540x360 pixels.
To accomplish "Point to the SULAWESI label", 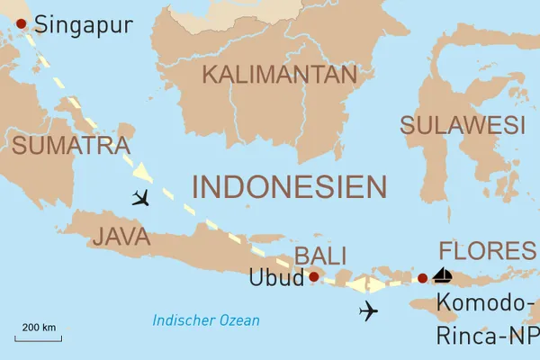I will point(463,125).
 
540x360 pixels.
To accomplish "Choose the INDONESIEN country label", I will point(290,186).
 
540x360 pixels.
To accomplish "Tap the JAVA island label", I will point(121,237).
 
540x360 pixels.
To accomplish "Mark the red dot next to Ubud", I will point(313,277).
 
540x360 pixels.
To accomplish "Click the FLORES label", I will point(486,250).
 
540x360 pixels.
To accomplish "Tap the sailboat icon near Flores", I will point(442,275).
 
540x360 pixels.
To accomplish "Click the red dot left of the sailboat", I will point(423,278).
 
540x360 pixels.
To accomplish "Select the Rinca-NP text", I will point(487,335).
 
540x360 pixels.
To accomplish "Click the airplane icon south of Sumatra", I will point(140,197).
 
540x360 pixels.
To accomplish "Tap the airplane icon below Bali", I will point(367,311).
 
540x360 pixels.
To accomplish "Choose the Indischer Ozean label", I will point(206,320).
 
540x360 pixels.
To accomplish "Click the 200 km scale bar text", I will point(40,326).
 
